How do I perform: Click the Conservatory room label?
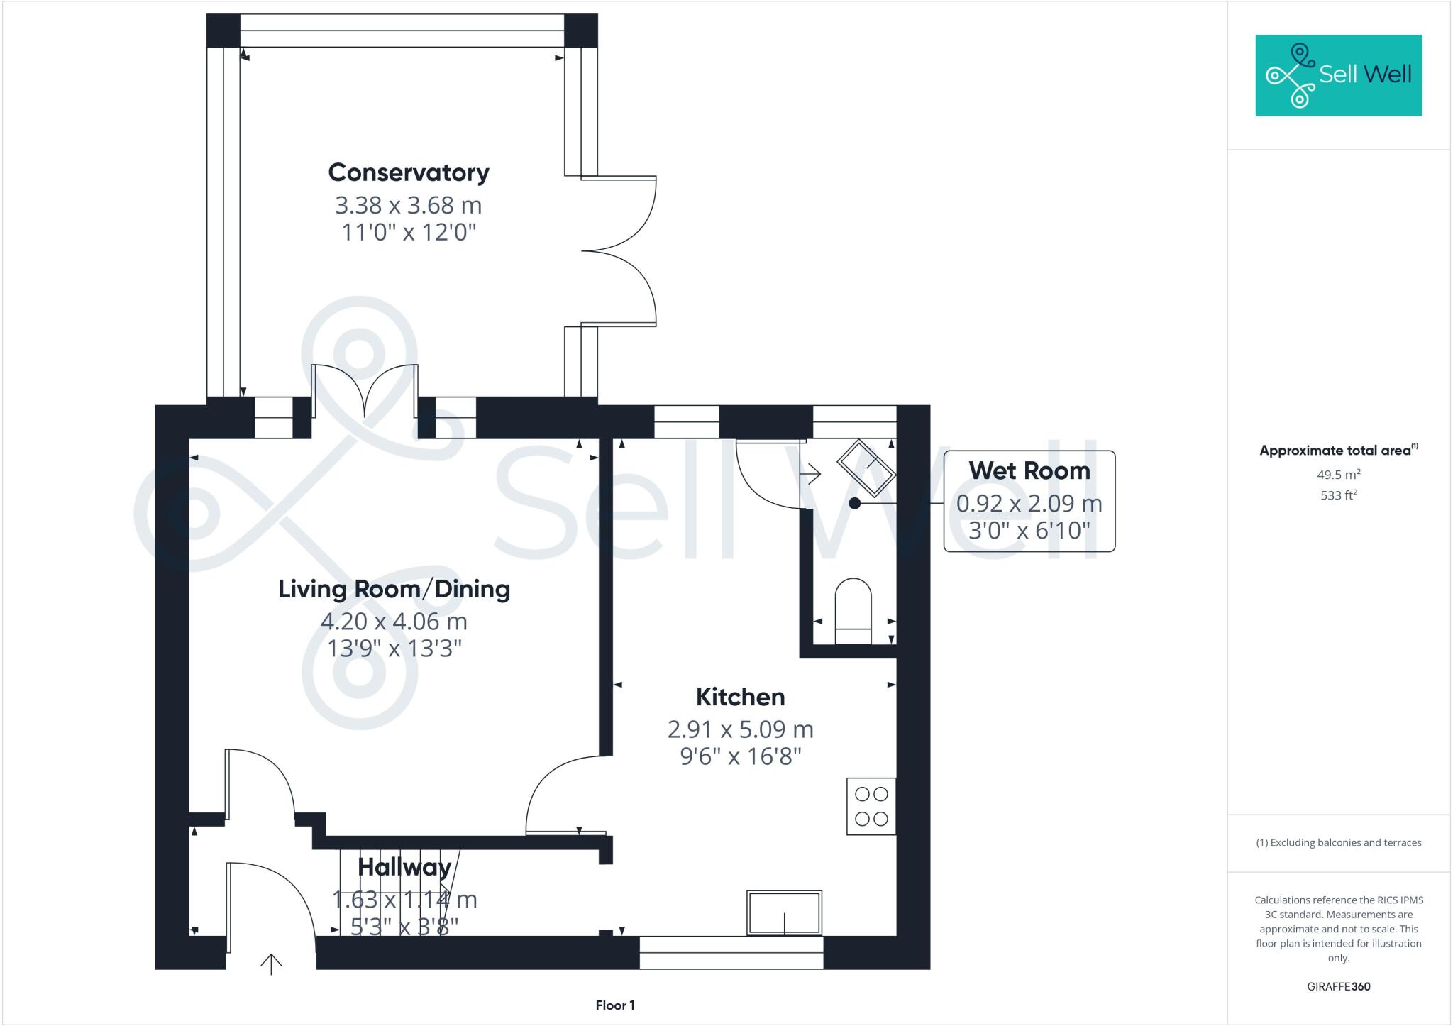(x=409, y=172)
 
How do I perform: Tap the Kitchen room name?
(x=740, y=697)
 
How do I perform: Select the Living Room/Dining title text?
(x=394, y=589)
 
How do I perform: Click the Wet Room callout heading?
(x=1029, y=470)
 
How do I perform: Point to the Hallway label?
(x=404, y=867)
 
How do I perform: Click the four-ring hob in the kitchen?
(x=871, y=807)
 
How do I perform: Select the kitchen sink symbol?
(x=784, y=913)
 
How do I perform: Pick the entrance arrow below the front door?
(x=271, y=964)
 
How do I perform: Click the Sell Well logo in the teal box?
(x=1338, y=75)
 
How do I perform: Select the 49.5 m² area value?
(x=1338, y=475)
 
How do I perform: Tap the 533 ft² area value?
(x=1338, y=495)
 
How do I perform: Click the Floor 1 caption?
(x=615, y=1005)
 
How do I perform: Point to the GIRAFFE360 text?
(x=1338, y=986)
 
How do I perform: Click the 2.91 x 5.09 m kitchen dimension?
(x=740, y=729)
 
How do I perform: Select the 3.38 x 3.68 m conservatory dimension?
(x=409, y=205)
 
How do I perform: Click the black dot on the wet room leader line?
(x=855, y=503)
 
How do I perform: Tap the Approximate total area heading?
(x=1337, y=451)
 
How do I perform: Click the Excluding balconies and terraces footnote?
(x=1338, y=843)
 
